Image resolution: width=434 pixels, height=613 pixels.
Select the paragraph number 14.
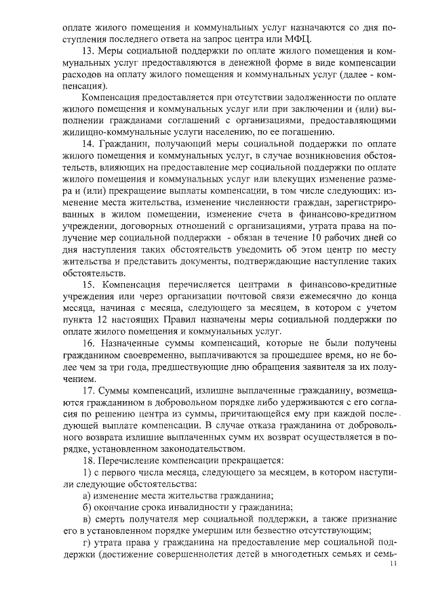pos(87,146)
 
